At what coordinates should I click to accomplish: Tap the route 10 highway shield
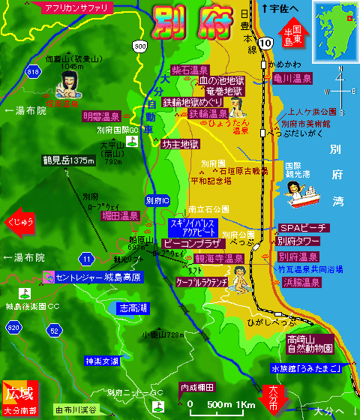click(267, 43)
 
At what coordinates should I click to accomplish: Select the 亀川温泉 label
click(297, 77)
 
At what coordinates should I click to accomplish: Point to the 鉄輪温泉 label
click(208, 114)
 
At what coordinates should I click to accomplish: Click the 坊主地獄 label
click(181, 144)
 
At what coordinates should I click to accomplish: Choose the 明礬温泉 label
click(102, 117)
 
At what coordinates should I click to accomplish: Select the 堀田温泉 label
click(121, 216)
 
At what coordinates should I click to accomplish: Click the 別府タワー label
click(298, 241)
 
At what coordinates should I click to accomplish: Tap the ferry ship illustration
click(303, 196)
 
